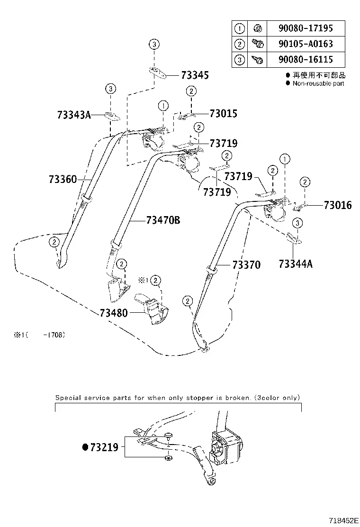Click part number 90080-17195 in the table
[x=305, y=28]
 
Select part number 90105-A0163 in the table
[x=305, y=44]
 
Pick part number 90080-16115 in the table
[x=305, y=60]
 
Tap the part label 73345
[x=195, y=75]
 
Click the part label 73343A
[x=74, y=115]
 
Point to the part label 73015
[x=223, y=114]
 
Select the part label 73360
[x=63, y=179]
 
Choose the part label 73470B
[x=163, y=220]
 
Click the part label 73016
[x=338, y=205]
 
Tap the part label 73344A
[x=296, y=264]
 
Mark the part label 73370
[x=246, y=265]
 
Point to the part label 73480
[x=114, y=313]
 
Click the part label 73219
[x=104, y=447]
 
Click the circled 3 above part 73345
[x=154, y=44]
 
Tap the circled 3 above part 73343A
[x=110, y=89]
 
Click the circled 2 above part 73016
[x=305, y=182]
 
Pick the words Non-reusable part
[x=318, y=83]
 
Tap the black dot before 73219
[x=85, y=447]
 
